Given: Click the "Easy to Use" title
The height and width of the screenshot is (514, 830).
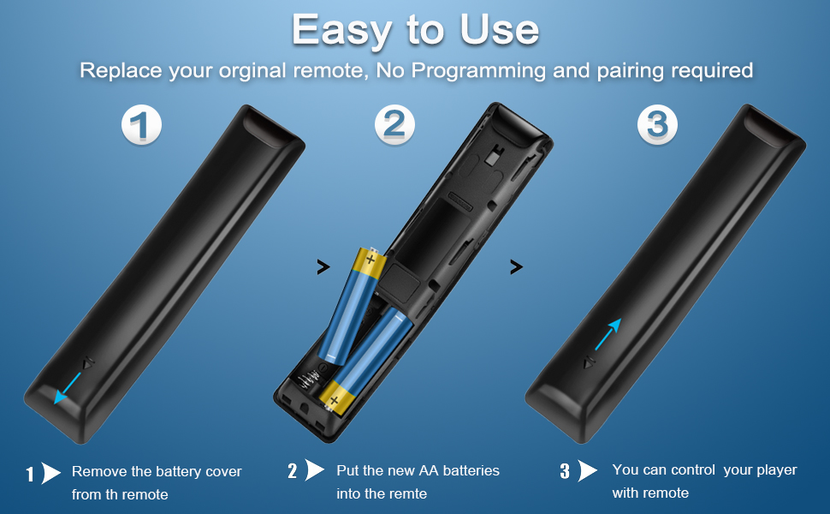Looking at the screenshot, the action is point(416,30).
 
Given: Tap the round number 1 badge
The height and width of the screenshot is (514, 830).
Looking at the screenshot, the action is point(141,125).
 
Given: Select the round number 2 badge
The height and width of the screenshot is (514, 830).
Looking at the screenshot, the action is point(394,125).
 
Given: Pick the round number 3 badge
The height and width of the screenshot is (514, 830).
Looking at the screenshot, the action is point(657,125).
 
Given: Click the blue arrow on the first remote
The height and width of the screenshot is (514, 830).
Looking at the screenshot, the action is point(68,388).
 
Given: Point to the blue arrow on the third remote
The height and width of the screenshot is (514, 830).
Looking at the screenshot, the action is point(608,334).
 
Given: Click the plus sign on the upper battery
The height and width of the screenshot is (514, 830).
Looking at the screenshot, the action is point(371,259).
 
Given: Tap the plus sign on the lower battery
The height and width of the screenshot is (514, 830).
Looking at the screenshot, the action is point(334,401).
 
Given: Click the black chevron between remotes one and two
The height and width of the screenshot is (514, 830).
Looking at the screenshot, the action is point(323,266).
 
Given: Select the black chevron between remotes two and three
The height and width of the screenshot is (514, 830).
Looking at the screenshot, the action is point(516,266).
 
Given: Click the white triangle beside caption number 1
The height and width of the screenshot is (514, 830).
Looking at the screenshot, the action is point(50,473).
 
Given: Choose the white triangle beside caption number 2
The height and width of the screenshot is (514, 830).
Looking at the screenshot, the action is point(315,469).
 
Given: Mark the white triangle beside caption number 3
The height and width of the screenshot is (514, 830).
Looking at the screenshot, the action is point(588,469).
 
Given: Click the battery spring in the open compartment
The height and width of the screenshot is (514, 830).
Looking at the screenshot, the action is point(307,381).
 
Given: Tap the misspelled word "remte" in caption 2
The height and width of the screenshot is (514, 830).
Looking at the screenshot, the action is point(410,494).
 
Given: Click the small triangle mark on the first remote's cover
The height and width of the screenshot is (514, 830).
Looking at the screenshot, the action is point(88,364).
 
